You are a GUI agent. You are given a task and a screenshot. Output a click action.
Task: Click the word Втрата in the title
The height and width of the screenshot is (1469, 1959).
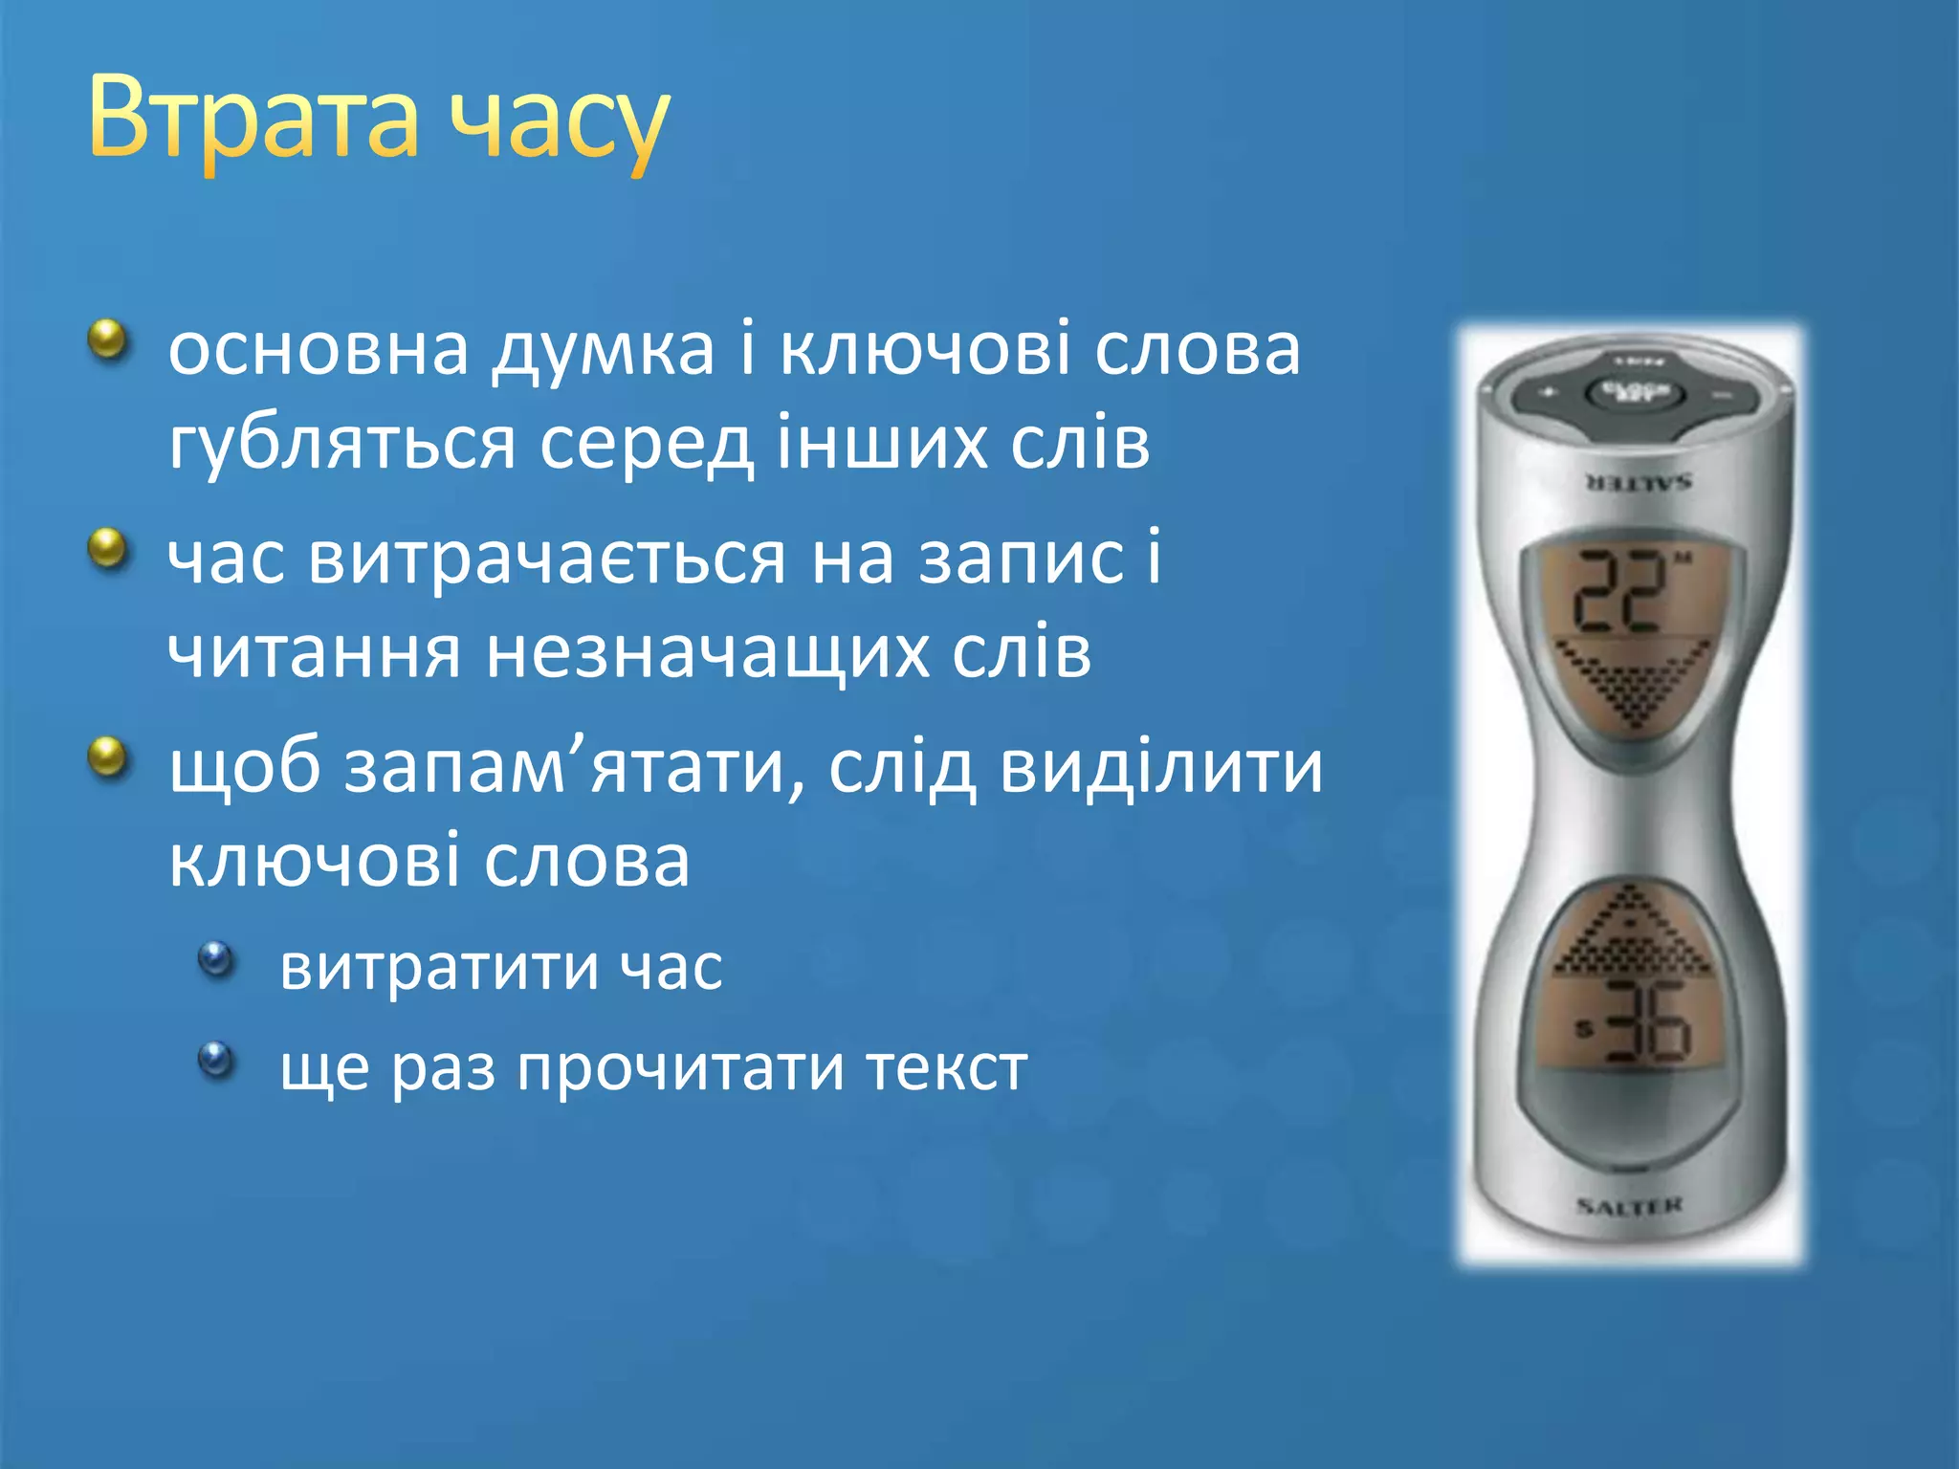tap(253, 120)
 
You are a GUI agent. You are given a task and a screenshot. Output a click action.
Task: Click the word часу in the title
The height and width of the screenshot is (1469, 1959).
tap(559, 124)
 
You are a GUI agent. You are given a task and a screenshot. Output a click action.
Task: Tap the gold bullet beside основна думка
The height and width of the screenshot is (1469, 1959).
tap(108, 340)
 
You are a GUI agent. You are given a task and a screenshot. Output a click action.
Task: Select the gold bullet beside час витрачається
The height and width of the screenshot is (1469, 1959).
tap(108, 549)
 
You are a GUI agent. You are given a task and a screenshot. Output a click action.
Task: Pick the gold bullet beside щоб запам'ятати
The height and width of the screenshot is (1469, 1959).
tap(108, 757)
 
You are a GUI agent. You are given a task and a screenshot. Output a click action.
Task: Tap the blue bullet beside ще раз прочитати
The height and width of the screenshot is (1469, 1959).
tap(217, 1058)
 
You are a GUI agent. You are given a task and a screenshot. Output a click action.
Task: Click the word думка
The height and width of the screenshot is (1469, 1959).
tap(604, 351)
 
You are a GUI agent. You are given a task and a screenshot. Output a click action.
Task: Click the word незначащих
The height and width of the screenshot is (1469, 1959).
tap(708, 655)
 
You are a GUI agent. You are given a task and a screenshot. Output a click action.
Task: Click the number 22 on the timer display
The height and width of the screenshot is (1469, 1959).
tap(1619, 593)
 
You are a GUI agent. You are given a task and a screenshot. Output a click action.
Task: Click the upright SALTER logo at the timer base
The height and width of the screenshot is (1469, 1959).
tap(1629, 1206)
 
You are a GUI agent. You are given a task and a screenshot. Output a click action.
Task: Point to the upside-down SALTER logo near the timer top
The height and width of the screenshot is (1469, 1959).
tap(1638, 481)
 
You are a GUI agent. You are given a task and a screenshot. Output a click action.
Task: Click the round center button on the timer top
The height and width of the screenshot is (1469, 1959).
tap(1634, 393)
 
